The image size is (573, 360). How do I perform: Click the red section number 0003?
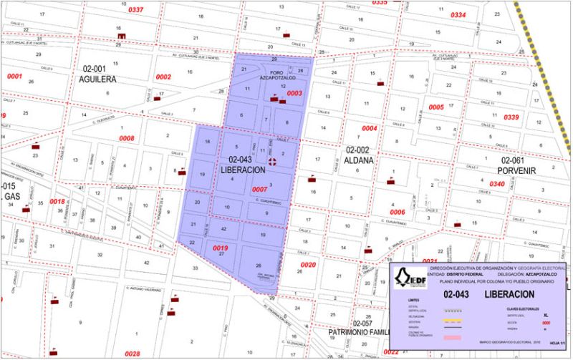(294, 93)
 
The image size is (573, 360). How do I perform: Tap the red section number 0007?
(260, 190)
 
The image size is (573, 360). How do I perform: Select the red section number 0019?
(221, 248)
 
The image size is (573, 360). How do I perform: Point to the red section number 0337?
(135, 10)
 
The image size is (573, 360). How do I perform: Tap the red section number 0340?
(497, 184)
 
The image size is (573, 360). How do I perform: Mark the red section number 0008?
(127, 138)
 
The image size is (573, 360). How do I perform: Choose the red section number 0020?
(308, 265)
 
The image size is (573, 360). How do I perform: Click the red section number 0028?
(133, 354)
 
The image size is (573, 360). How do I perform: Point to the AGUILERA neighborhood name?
(97, 79)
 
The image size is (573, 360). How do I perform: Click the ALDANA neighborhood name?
(359, 160)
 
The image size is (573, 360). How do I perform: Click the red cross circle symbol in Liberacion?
(272, 162)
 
